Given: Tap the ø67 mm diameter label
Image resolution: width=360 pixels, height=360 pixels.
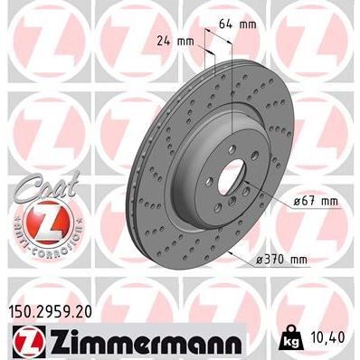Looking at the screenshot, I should [x=316, y=201].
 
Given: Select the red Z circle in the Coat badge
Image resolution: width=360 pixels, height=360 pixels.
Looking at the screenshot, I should [x=34, y=223].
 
